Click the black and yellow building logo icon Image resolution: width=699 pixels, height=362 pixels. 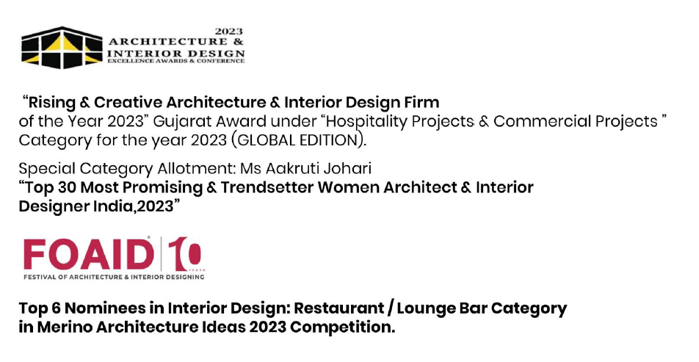pos(62,48)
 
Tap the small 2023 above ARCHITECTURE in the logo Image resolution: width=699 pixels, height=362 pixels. pos(228,32)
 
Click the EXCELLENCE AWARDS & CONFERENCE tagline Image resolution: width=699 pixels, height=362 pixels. pos(175,61)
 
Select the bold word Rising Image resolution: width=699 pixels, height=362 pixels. pos(51,103)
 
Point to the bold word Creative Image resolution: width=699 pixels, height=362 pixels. pos(128,103)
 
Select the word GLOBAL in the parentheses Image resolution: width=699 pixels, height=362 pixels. pos(267,140)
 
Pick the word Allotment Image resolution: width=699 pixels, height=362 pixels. pos(196,169)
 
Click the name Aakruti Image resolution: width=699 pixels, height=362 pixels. pos(293,169)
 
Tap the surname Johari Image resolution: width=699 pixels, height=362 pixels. pos(348,169)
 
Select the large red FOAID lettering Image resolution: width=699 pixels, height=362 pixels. pos(89,255)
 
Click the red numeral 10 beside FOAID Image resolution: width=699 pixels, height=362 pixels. pos(184,253)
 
